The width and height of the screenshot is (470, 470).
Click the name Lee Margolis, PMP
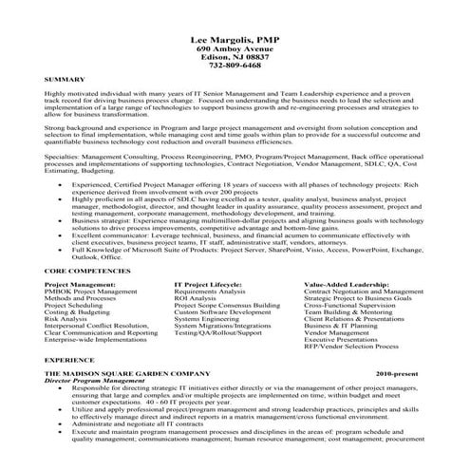click(x=235, y=31)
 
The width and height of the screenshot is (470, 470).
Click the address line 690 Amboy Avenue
click(x=235, y=46)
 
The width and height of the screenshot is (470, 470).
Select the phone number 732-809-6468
click(x=235, y=66)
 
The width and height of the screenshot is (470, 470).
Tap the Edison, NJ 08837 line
click(x=235, y=56)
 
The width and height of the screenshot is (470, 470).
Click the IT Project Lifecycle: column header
click(x=211, y=284)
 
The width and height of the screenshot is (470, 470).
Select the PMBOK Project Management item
click(x=91, y=292)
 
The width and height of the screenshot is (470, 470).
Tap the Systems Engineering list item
click(x=205, y=319)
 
